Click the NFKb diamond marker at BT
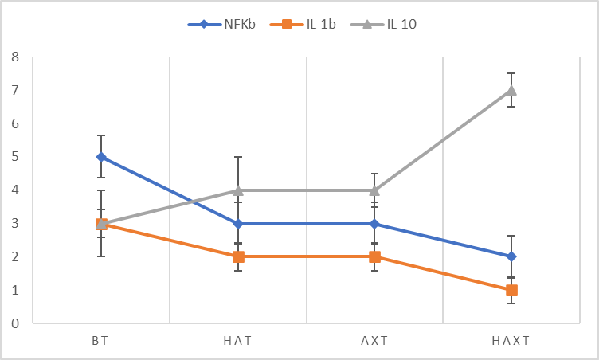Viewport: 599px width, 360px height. (101, 157)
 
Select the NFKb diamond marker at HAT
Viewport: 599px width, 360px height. (238, 224)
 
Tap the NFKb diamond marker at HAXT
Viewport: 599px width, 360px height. (511, 256)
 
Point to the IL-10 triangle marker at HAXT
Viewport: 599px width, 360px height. (511, 90)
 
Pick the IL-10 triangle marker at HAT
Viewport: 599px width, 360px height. (238, 190)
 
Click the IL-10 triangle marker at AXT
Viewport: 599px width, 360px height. (374, 190)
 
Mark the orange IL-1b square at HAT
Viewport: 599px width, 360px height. (238, 256)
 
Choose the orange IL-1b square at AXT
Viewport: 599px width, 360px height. (374, 256)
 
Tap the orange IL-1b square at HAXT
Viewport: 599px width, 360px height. (511, 290)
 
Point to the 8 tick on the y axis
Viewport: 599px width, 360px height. (15, 57)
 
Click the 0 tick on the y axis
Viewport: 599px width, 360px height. (15, 323)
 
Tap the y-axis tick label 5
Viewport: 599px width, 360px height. (15, 157)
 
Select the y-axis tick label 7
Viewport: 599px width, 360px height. (15, 91)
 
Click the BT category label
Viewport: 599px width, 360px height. (101, 341)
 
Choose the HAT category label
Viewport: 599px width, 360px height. (238, 341)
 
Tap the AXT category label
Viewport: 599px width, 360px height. (374, 341)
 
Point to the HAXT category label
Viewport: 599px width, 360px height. (511, 341)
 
